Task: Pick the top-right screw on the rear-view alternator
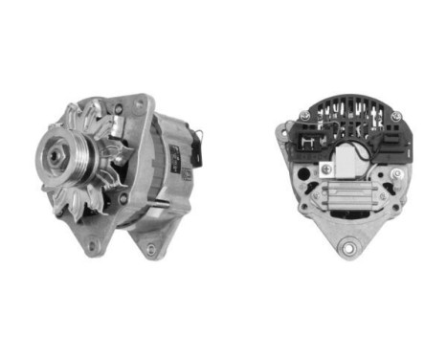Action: pos(394,116)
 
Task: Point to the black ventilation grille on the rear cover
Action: pos(349,115)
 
